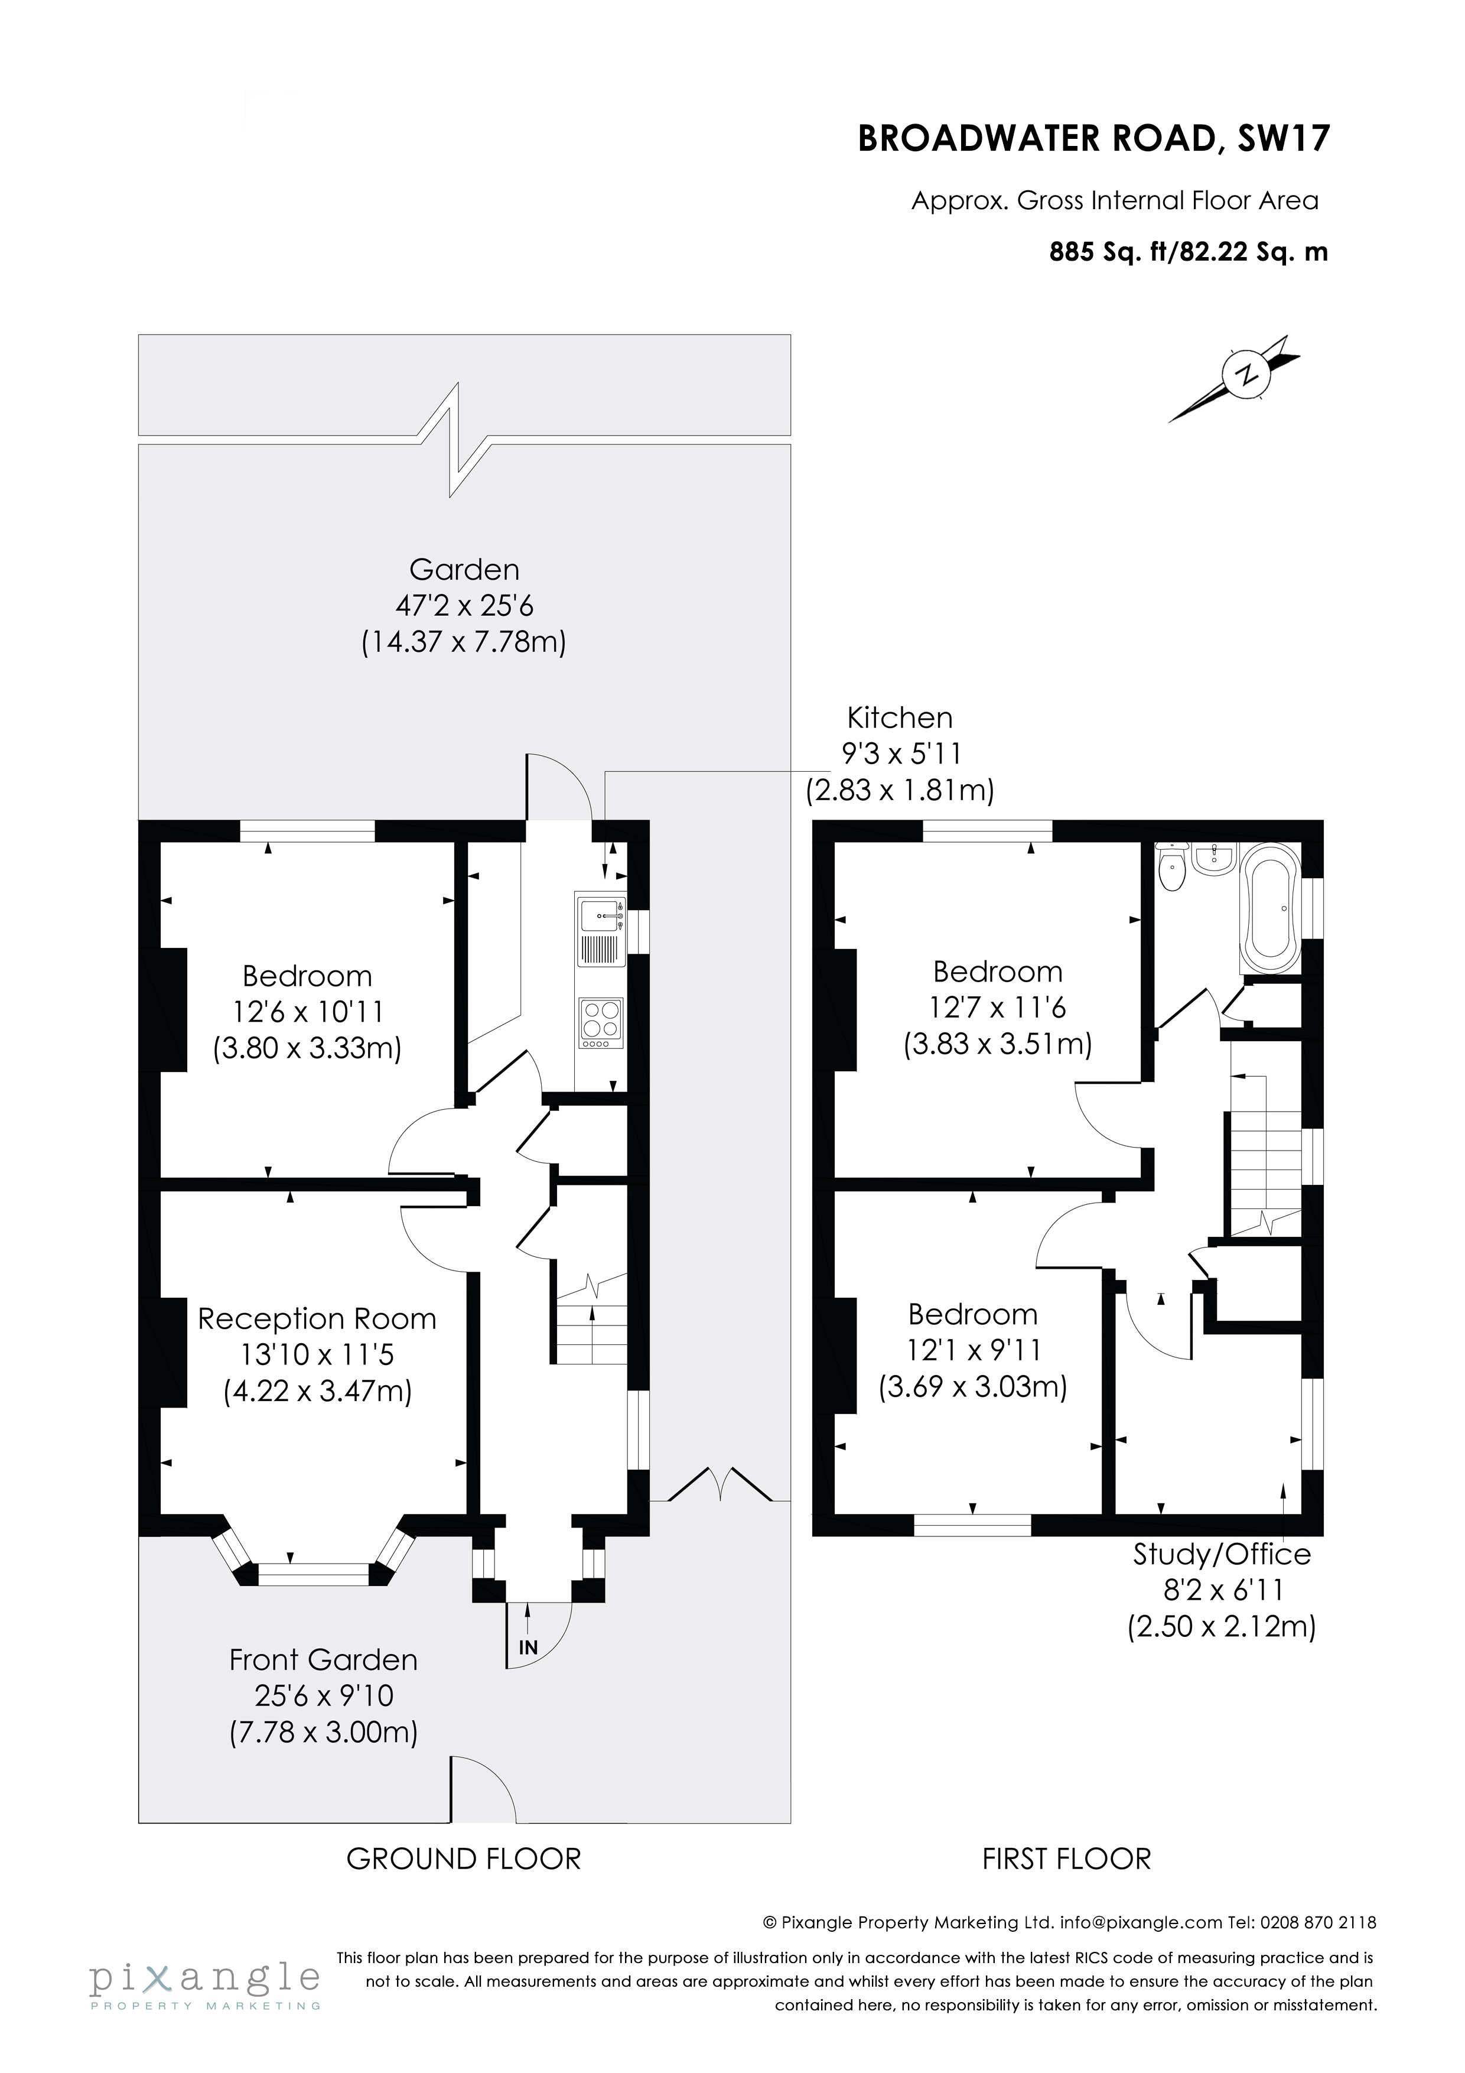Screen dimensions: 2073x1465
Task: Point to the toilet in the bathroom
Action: (1171, 867)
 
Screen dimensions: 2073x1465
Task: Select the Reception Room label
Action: (317, 1319)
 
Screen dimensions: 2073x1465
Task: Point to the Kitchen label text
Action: (899, 718)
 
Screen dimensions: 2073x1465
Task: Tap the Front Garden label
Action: (323, 1659)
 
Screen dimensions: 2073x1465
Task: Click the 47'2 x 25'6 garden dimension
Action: (464, 606)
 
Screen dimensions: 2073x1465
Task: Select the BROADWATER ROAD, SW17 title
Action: (1093, 139)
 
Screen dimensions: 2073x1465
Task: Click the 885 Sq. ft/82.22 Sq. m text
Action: (1188, 252)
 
